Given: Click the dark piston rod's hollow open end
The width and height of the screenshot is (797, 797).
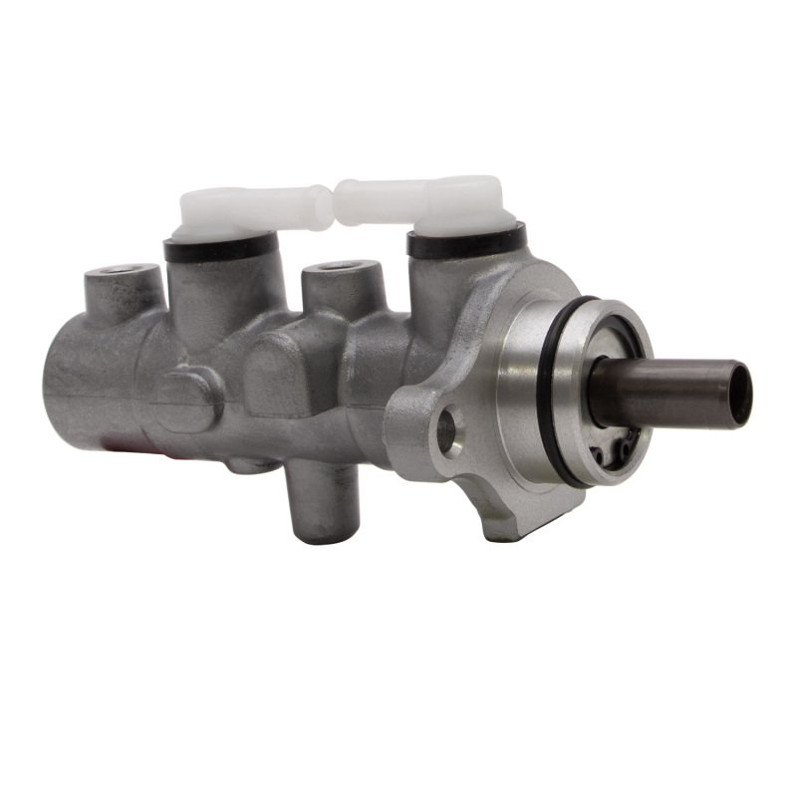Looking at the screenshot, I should [738, 394].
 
